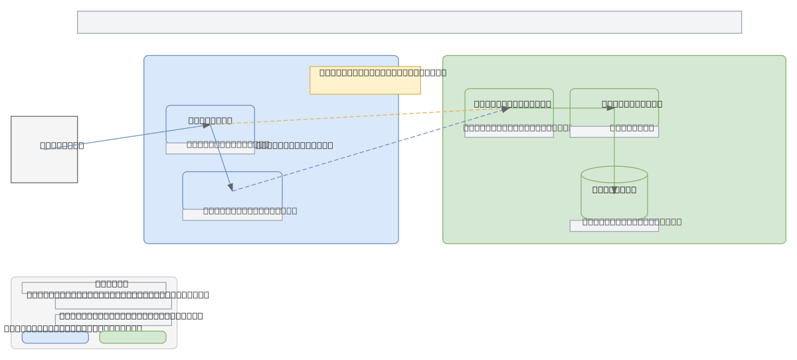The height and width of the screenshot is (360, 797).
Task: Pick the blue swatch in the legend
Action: (55, 337)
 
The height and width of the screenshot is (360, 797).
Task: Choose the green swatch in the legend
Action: (133, 337)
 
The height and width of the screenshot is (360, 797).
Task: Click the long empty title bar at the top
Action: (409, 22)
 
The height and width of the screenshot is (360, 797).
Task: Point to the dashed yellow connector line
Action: (365, 116)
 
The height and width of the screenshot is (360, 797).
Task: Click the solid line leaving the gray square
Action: (126, 137)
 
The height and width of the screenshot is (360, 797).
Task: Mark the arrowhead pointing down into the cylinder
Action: (614, 190)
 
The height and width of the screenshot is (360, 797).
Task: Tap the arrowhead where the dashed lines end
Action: (505, 109)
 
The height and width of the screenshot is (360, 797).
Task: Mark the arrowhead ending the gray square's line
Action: (207, 126)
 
